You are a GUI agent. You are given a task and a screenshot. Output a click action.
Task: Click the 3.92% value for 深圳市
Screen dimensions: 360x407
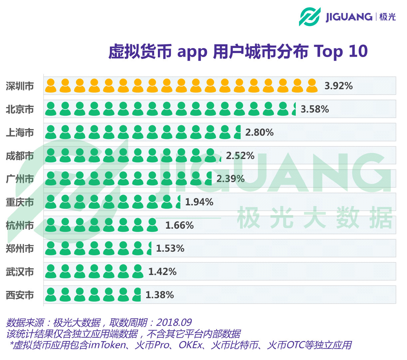tap(338, 86)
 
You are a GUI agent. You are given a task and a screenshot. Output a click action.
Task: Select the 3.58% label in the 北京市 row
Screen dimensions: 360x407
tap(314, 109)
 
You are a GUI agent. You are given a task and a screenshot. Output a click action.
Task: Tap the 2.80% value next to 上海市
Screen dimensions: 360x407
tap(259, 132)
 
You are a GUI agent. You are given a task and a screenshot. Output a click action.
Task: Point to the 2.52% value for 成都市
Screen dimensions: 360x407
tap(240, 156)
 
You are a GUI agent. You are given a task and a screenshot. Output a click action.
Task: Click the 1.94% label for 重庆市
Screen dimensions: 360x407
tap(199, 202)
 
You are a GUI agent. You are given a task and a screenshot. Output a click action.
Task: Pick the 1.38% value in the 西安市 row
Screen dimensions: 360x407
tap(160, 295)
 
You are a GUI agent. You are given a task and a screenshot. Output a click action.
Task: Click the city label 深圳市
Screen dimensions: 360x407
tap(20, 86)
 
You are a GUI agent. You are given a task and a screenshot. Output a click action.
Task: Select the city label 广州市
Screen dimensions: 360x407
tap(20, 179)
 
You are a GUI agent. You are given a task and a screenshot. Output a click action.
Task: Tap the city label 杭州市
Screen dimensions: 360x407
tap(20, 226)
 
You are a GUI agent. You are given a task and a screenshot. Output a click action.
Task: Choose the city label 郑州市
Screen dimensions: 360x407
tap(20, 249)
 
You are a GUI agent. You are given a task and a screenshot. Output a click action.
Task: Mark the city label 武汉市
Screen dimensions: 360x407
tap(20, 272)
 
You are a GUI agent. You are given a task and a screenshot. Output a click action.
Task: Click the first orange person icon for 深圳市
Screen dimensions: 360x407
tap(51, 86)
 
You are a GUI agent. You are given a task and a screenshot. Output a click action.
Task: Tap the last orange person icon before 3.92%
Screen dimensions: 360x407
tap(312, 86)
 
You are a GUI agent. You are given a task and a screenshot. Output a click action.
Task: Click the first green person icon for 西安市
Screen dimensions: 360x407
tap(51, 295)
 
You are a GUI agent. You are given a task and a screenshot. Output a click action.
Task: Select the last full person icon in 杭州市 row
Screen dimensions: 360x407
tap(152, 225)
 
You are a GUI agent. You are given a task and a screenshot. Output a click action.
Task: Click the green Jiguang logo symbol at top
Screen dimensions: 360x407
tap(309, 17)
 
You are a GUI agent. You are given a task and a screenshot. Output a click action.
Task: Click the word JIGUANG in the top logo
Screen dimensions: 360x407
tap(349, 17)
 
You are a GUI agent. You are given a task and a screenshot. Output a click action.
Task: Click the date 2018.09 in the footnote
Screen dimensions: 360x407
tap(174, 323)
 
